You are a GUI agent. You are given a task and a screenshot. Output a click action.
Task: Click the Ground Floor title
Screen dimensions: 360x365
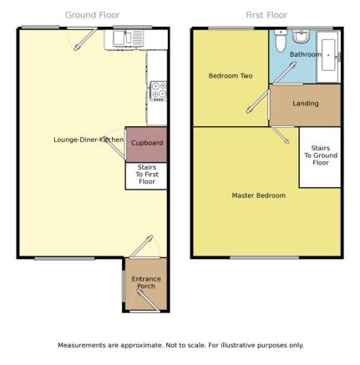(93, 15)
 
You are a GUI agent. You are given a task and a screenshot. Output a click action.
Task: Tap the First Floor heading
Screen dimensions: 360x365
(266, 15)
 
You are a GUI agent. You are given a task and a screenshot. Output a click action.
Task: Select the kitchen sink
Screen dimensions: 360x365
(128, 38)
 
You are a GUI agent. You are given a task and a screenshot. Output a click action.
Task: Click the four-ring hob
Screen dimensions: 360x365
(159, 91)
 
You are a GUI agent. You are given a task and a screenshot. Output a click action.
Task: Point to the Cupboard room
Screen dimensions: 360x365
(146, 144)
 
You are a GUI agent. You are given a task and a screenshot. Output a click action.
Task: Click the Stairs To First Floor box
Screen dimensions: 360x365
(146, 176)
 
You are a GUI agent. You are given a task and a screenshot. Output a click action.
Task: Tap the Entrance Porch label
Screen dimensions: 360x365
(146, 282)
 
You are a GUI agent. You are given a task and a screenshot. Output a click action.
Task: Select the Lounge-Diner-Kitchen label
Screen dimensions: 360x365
(89, 139)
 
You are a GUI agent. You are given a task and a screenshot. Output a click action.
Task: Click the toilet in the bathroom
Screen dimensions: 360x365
(281, 41)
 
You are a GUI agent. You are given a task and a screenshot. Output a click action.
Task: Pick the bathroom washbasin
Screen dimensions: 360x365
(301, 36)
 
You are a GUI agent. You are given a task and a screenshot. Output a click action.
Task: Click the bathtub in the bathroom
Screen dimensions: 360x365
(328, 55)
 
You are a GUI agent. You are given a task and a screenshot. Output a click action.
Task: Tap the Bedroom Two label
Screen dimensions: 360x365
(231, 76)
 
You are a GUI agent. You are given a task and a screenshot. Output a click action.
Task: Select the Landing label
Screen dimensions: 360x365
(306, 104)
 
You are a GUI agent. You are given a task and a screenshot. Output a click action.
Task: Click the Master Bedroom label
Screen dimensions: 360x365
(259, 195)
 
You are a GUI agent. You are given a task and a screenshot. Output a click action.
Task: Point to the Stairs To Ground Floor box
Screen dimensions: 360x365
(320, 157)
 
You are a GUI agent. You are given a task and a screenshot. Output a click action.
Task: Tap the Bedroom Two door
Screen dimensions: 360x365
(258, 102)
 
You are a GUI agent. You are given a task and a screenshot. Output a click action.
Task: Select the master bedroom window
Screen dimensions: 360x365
(265, 258)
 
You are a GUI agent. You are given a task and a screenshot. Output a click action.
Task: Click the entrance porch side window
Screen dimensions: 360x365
(124, 286)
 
